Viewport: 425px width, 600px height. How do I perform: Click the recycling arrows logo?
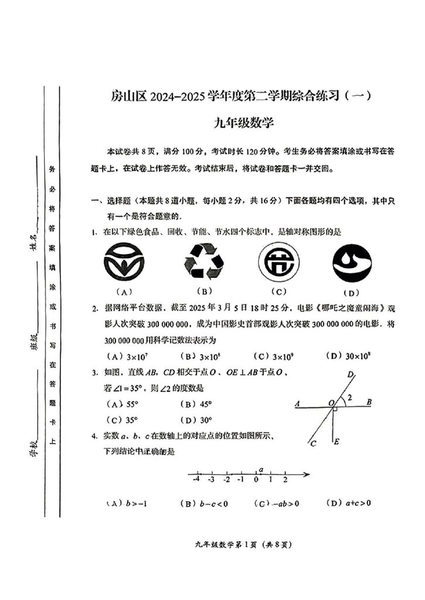point(205,261)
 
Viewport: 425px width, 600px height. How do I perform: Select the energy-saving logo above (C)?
point(279,261)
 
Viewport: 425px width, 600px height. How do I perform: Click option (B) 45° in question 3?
point(196,404)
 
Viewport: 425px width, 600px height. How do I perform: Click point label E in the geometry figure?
point(336,442)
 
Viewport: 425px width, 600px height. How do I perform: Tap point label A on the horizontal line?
point(298,404)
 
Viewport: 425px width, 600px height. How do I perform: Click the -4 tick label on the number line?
point(196,480)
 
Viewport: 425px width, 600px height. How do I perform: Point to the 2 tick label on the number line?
point(285,480)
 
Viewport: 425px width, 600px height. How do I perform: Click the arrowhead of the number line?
point(307,473)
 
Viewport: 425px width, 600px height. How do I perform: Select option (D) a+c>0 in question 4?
point(350,503)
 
